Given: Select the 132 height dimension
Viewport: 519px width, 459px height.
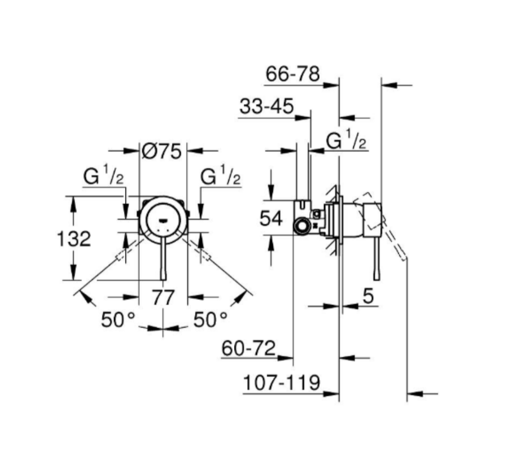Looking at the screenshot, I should point(74,238).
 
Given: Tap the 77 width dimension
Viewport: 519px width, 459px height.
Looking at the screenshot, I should point(163,298).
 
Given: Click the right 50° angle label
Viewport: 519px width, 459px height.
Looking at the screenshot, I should point(210,319).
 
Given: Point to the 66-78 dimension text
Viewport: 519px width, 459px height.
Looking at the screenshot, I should point(292,74).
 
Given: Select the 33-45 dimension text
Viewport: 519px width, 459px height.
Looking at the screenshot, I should point(266,107).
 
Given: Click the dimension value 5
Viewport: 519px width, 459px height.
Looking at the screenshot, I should point(368,297).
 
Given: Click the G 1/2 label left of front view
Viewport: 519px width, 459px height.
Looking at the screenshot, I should point(104,177).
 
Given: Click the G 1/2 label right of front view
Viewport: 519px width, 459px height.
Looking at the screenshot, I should point(221,177).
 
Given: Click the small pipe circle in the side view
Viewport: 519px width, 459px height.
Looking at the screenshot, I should point(302,225).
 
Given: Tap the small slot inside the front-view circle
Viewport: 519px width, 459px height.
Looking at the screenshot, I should point(163,221).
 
